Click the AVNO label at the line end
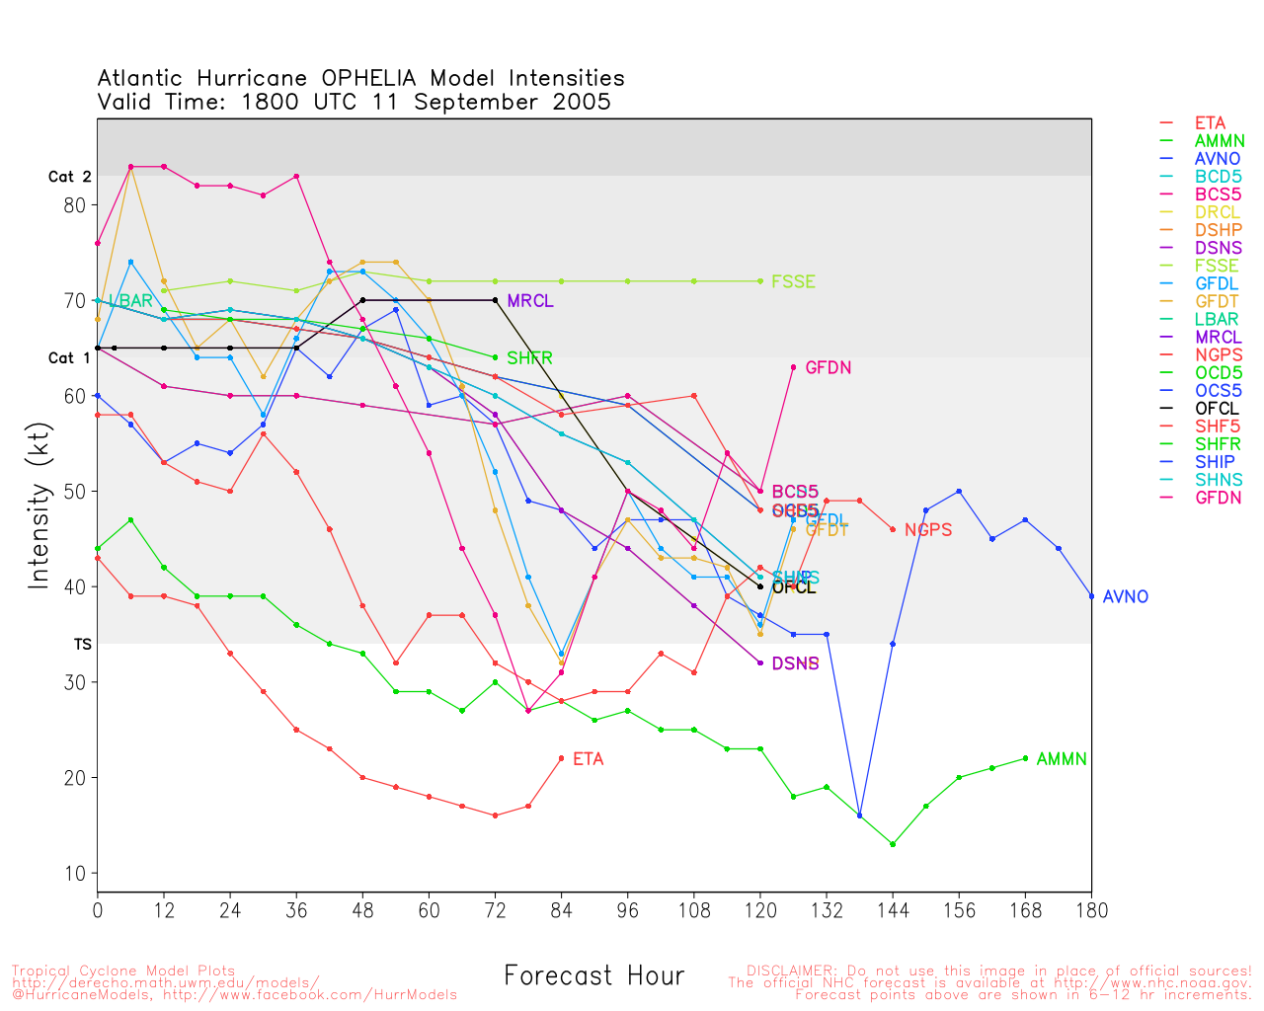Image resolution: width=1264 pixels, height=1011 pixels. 1126,597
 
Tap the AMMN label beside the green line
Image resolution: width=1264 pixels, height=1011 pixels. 1062,759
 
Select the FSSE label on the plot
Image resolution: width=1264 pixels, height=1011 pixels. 794,281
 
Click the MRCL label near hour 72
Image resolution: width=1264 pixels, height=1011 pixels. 530,301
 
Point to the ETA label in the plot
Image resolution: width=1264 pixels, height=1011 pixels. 588,759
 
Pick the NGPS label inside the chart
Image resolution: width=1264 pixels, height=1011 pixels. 928,530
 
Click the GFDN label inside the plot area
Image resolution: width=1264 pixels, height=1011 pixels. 829,368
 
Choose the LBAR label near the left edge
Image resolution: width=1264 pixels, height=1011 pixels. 130,301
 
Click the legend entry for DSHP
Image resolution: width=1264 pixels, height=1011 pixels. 1218,230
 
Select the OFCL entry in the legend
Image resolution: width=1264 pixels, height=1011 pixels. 1217,409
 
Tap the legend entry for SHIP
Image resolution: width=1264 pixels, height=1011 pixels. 1215,462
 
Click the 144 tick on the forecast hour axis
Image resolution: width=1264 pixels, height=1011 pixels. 893,910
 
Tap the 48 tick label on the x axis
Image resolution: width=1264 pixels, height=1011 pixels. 362,910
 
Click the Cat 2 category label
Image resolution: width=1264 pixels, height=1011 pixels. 69,177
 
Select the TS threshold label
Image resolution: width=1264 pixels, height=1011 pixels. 82,645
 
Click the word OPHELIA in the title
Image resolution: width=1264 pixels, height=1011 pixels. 369,78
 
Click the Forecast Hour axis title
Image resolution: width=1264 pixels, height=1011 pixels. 593,975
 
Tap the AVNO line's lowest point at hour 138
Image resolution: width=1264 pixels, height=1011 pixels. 859,816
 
